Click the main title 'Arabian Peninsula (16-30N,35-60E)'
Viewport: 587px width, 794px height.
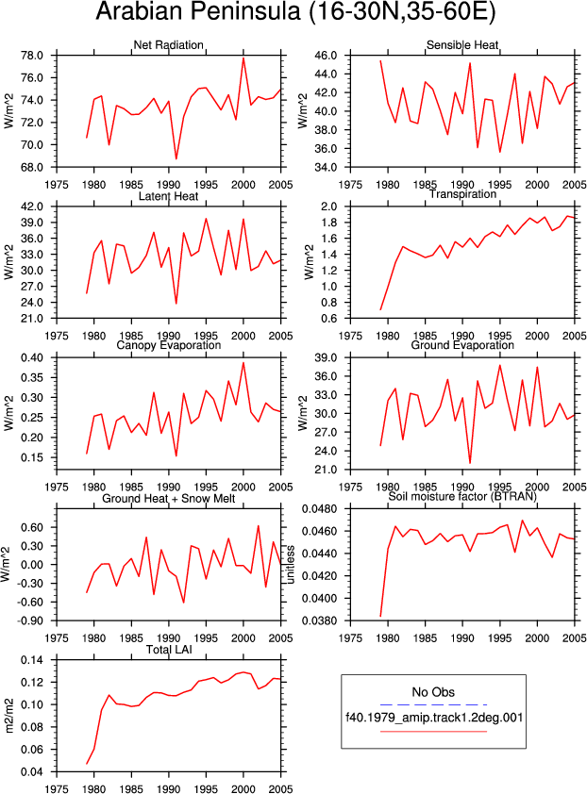tap(295, 12)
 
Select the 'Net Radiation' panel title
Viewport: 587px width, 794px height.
tap(168, 44)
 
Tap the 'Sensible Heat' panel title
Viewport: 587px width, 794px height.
tap(462, 44)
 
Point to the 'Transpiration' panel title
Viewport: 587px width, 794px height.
tap(462, 194)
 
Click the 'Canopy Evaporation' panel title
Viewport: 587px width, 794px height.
tap(168, 345)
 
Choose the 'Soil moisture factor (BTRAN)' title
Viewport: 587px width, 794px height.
tap(462, 496)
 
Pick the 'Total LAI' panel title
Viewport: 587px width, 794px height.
tap(169, 649)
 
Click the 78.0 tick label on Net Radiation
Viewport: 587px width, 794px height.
tap(31, 56)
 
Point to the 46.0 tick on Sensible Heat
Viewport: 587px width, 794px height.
tap(325, 56)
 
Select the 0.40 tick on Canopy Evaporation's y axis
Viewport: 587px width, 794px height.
tap(31, 357)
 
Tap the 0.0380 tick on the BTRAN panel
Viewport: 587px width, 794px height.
tap(319, 620)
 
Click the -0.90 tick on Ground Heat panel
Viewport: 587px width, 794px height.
tap(30, 620)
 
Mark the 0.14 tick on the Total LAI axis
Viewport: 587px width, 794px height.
tap(31, 660)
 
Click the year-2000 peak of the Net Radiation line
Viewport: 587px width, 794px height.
tap(243, 58)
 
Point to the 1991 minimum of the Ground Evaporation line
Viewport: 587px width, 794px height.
tap(470, 463)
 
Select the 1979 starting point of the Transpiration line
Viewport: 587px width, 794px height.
tap(380, 309)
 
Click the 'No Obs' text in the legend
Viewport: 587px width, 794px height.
tap(433, 692)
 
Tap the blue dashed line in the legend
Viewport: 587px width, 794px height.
tap(433, 704)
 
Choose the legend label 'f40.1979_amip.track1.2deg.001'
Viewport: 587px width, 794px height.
tap(434, 717)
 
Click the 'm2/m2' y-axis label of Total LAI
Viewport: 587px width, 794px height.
tap(9, 716)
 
